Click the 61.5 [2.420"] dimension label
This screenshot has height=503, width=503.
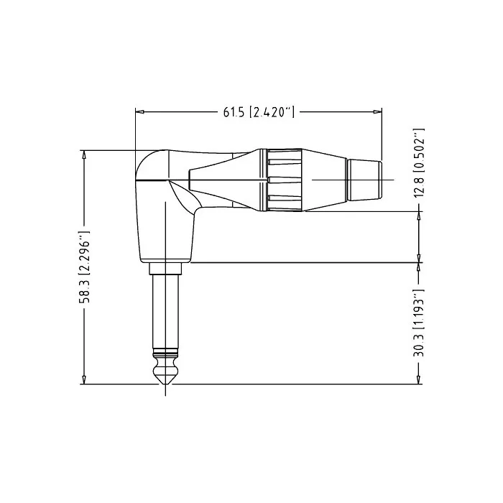coord(259,112)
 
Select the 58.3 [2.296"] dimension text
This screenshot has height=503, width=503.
coord(84,267)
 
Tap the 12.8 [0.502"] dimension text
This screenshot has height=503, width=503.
coord(419,163)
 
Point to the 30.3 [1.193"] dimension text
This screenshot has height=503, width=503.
coord(419,323)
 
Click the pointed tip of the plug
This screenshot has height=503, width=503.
coord(165,384)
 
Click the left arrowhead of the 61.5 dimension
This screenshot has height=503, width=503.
coord(139,112)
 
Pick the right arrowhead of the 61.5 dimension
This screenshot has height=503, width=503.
coord(377,112)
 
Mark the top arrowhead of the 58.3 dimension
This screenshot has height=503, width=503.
coord(84,154)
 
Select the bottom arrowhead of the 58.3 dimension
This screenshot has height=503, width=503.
coord(84,380)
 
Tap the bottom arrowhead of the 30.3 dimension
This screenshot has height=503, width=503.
coord(419,380)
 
